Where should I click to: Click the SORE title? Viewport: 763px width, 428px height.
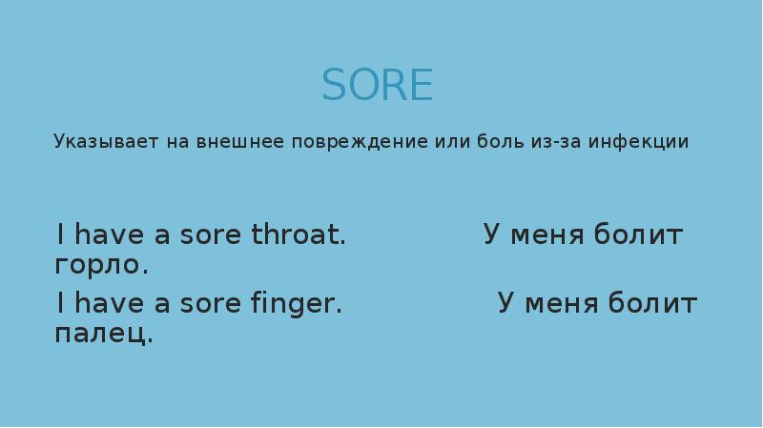click(378, 86)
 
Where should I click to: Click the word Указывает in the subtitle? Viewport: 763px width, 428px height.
click(94, 143)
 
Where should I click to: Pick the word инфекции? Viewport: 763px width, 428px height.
click(638, 142)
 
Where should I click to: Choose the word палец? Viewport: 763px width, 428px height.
click(104, 334)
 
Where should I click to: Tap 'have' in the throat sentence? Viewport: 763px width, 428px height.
click(108, 235)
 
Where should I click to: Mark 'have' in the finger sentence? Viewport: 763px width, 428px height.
click(108, 304)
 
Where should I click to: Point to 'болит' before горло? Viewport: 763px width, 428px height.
click(638, 235)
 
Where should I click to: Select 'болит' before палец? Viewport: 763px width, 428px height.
click(652, 304)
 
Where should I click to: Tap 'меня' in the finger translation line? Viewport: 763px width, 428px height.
click(564, 304)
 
